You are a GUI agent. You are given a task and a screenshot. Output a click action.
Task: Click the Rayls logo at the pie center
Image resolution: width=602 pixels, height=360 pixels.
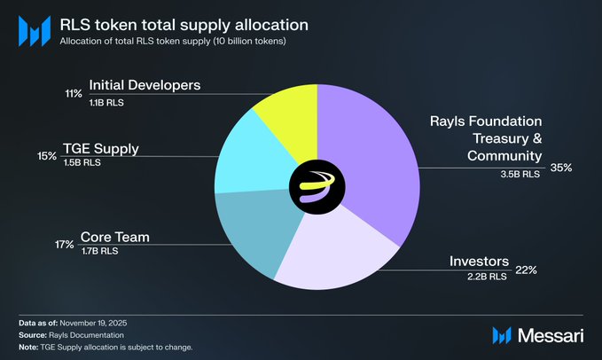pos(317,184)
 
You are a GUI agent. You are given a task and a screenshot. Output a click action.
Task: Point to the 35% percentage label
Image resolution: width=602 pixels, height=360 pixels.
pos(561,166)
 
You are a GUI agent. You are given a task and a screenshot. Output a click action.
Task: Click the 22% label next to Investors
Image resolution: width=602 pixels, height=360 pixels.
pos(527,270)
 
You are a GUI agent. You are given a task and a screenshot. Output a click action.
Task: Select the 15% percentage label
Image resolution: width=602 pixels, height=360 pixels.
pos(71,156)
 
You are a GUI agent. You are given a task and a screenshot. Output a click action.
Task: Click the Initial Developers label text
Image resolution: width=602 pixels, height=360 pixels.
pos(144,86)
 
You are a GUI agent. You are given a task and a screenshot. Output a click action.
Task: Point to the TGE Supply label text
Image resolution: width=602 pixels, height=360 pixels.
pos(125,149)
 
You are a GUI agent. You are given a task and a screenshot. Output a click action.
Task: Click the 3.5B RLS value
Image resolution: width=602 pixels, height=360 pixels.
pos(519,174)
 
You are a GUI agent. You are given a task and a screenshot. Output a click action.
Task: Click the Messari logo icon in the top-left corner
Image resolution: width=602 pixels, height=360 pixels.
pos(34,30)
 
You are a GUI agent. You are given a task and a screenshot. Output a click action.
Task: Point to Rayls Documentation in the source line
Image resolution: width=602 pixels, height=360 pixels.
pos(93,334)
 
